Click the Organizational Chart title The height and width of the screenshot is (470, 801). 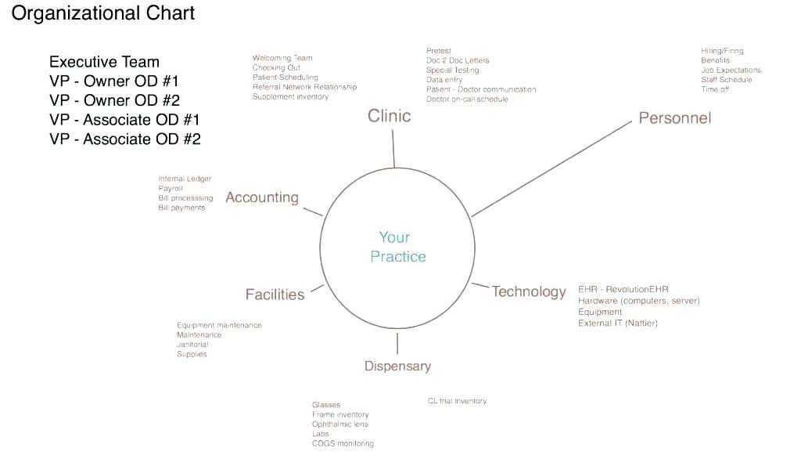coord(103,13)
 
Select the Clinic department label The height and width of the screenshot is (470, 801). coord(389,116)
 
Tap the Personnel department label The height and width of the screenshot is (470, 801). coord(674,118)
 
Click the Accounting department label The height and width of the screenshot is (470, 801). coord(262,197)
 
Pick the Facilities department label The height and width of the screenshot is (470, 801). coord(275,295)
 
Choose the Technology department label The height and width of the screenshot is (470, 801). coord(528,291)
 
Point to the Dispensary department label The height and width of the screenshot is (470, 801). coord(397,366)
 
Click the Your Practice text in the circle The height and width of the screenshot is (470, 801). coord(398,247)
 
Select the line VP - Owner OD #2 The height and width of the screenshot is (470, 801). coord(114,100)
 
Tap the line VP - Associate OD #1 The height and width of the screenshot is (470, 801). coord(124,120)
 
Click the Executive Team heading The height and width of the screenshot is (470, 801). coord(104,62)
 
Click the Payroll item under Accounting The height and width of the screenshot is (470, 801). coord(171,189)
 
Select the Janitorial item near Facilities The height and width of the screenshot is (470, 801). coord(192,345)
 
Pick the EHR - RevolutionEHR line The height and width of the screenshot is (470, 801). coord(623,290)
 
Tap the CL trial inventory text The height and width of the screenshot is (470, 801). coord(457,401)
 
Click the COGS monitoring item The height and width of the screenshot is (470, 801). coord(343,443)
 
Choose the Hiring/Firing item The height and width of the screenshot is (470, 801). coord(722,51)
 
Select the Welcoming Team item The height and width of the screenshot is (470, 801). coord(282,58)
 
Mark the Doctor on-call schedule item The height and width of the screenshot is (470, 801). coord(467,99)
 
